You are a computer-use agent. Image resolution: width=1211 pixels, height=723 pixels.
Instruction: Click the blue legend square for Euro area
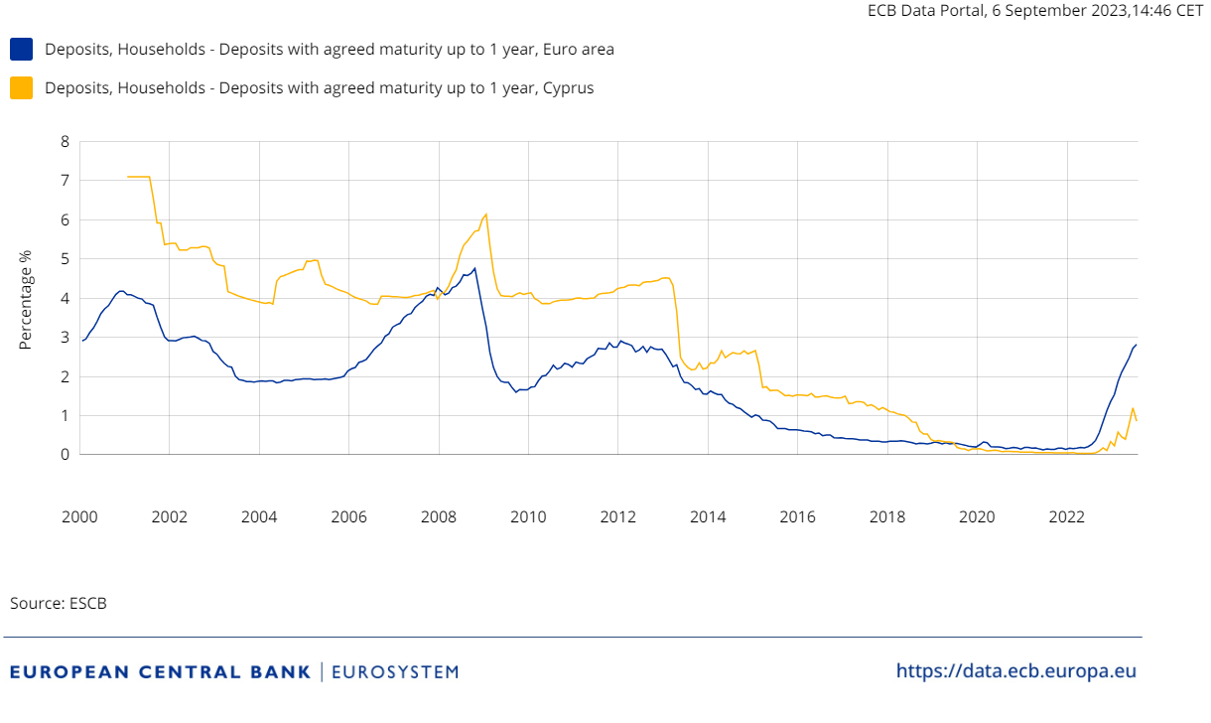pyautogui.click(x=21, y=49)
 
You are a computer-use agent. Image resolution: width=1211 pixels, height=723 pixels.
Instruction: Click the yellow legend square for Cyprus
pyautogui.click(x=21, y=87)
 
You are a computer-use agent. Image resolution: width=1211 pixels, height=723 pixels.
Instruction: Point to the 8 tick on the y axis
pyautogui.click(x=66, y=141)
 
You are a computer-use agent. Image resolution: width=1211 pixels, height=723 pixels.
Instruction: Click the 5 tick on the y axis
pyautogui.click(x=66, y=258)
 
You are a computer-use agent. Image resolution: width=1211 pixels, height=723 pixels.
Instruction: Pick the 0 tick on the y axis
pyautogui.click(x=66, y=455)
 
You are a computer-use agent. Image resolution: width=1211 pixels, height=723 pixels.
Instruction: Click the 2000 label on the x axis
pyautogui.click(x=79, y=516)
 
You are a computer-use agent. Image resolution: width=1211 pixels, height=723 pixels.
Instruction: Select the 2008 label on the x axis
pyautogui.click(x=439, y=516)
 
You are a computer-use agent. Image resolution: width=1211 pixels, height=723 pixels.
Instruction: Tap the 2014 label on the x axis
pyautogui.click(x=708, y=516)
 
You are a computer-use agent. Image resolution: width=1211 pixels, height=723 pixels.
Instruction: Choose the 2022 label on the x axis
pyautogui.click(x=1067, y=516)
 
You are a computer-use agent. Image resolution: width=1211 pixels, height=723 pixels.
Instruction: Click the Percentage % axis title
pyautogui.click(x=27, y=298)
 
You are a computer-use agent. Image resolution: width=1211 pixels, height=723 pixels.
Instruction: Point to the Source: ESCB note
pyautogui.click(x=59, y=603)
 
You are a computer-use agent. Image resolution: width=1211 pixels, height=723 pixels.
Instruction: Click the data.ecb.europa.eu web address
pyautogui.click(x=1015, y=670)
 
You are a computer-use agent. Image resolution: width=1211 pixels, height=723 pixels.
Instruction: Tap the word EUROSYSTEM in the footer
pyautogui.click(x=395, y=672)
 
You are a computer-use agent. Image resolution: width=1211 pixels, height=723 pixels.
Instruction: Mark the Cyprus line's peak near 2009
pyautogui.click(x=485, y=214)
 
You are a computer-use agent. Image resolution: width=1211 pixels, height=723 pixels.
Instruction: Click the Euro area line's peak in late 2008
pyautogui.click(x=474, y=268)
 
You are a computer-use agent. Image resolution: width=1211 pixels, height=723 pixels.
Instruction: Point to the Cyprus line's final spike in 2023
pyautogui.click(x=1133, y=407)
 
